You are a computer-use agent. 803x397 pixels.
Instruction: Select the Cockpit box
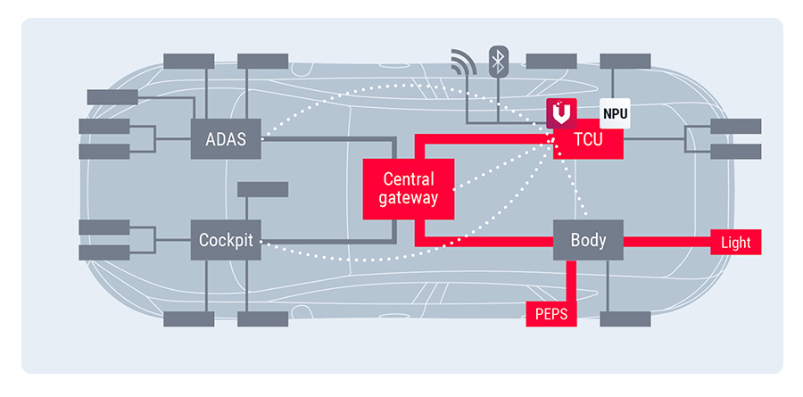[227, 240]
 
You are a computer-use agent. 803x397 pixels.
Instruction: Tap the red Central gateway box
[409, 188]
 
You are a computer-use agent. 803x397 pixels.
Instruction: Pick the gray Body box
[588, 240]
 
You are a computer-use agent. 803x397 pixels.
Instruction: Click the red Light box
[735, 243]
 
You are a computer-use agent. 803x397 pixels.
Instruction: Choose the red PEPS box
[551, 314]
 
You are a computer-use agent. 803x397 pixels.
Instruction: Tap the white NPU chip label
[615, 113]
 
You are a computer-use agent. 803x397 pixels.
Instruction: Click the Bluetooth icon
[500, 62]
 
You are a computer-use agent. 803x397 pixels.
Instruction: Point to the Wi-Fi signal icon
[463, 63]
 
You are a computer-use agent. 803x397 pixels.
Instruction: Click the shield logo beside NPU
[561, 113]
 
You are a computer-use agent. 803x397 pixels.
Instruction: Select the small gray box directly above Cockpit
[262, 189]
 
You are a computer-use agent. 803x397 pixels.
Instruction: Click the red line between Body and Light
[665, 241]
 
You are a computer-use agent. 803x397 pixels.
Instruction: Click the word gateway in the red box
[408, 198]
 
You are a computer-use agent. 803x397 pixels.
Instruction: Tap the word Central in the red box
[409, 178]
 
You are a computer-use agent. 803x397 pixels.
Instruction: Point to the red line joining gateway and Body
[500, 241]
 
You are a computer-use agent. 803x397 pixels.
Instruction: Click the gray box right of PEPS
[625, 318]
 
